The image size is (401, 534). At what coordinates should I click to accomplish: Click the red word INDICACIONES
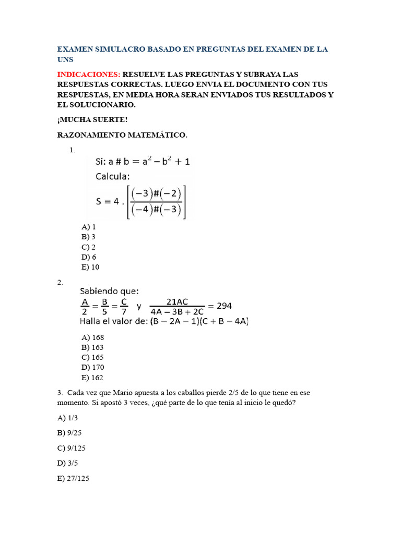tap(89, 75)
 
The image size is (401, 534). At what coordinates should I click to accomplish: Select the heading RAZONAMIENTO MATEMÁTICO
tap(122, 135)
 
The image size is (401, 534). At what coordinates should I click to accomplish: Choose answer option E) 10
tap(90, 267)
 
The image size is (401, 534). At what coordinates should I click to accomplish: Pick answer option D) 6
tap(89, 257)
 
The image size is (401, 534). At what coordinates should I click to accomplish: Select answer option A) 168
tap(93, 337)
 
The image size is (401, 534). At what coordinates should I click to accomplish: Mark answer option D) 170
tap(93, 368)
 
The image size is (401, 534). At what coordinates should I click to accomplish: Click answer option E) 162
tap(93, 378)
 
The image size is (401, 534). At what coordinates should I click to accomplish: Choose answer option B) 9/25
tap(68, 433)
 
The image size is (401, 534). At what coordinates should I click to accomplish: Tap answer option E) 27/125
tap(73, 478)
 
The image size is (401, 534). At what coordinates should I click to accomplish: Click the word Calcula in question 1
tap(113, 176)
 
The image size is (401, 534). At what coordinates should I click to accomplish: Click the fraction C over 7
tap(124, 306)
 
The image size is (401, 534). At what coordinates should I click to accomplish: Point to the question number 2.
tap(60, 283)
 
